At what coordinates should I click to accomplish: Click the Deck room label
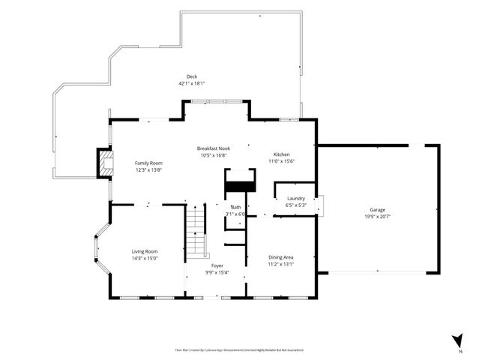click(192, 76)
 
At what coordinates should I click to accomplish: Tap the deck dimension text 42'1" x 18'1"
click(192, 83)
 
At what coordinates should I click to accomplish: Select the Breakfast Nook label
click(213, 148)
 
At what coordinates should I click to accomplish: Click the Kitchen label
click(281, 154)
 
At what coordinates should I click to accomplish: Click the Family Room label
click(148, 163)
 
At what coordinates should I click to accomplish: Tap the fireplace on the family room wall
click(103, 163)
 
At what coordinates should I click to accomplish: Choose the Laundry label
click(295, 199)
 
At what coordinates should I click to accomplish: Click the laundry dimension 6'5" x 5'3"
click(295, 205)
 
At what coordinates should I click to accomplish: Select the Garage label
click(377, 209)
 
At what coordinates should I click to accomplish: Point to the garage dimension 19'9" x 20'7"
click(377, 217)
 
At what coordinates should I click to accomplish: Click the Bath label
click(236, 207)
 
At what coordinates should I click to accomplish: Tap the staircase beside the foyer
click(196, 232)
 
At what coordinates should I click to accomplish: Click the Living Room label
click(145, 251)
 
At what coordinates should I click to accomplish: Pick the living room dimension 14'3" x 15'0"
click(145, 259)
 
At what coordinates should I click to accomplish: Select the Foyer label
click(217, 265)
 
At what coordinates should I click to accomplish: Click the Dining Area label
click(281, 256)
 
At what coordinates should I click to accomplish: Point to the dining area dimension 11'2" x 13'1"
click(281, 264)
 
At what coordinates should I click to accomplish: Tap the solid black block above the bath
click(241, 187)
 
